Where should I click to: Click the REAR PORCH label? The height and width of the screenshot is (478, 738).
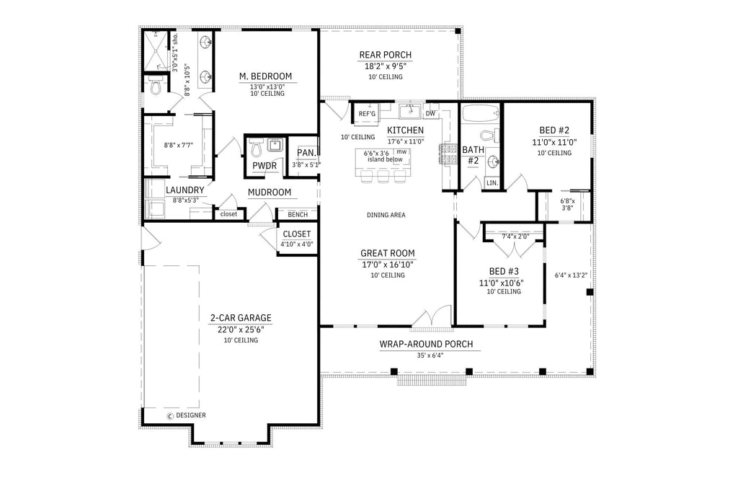[x=386, y=55]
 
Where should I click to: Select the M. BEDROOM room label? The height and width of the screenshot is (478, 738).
[x=266, y=76]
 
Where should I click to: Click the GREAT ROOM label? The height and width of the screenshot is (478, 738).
[x=388, y=253]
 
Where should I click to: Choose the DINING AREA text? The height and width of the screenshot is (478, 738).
[x=386, y=215]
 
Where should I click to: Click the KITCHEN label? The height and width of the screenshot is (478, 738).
[x=405, y=130]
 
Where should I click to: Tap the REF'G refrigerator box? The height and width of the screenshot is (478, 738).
[x=367, y=114]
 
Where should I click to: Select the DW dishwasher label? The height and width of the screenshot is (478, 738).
[x=430, y=114]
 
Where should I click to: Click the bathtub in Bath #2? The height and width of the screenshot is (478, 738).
[x=481, y=114]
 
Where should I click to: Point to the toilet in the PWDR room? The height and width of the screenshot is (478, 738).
[x=256, y=149]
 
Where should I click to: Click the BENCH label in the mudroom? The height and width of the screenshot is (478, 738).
[x=298, y=214]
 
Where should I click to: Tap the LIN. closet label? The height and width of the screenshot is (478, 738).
[x=492, y=183]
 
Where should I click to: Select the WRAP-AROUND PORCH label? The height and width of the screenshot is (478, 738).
[x=426, y=344]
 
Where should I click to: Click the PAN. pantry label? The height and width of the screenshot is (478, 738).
[x=306, y=153]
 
